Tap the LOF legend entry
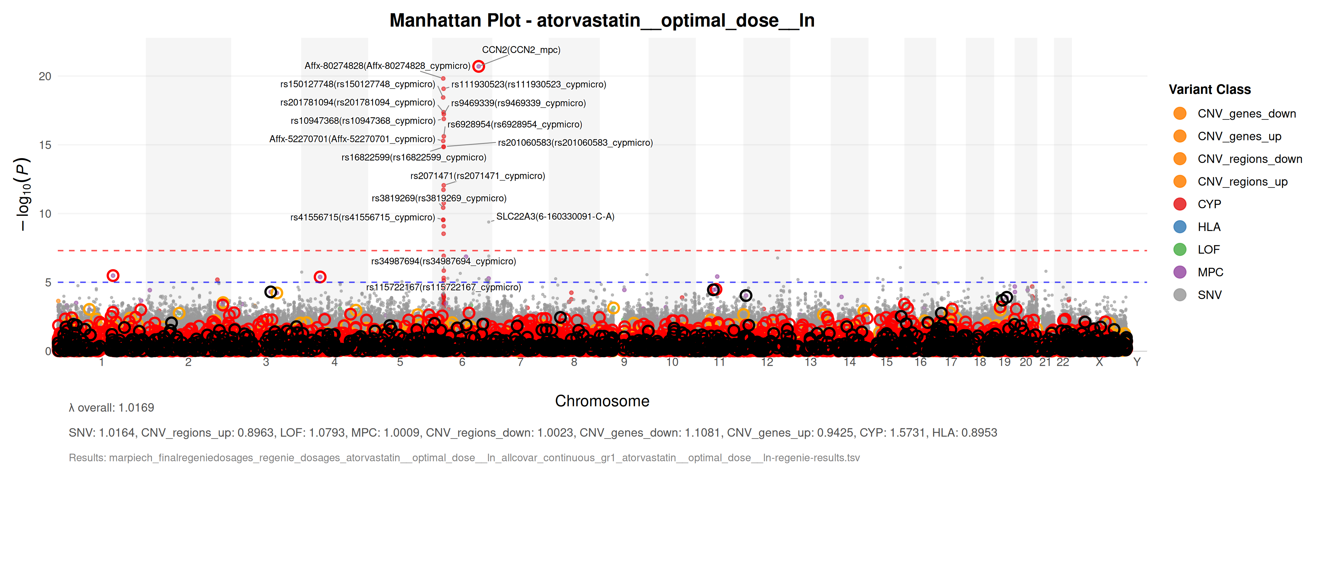click(x=1208, y=249)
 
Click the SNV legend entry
click(x=1210, y=295)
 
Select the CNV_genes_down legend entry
click(x=1246, y=113)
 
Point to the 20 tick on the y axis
click(x=45, y=77)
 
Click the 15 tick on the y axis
click(x=45, y=145)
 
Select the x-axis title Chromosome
click(x=602, y=401)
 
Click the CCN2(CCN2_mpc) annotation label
click(x=521, y=50)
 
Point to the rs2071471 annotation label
click(x=478, y=176)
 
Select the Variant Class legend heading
click(x=1210, y=89)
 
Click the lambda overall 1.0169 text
click(x=112, y=408)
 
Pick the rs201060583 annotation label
click(x=575, y=143)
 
